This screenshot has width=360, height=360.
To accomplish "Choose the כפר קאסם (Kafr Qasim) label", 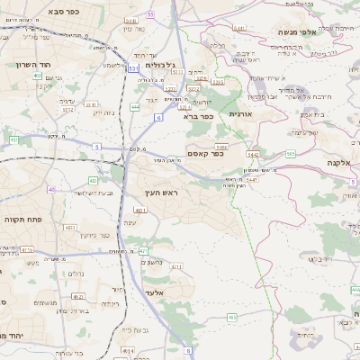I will point(206,154).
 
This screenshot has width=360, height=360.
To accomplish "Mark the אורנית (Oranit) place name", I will point(242,114).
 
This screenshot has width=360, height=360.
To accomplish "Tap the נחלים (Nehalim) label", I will point(76,275).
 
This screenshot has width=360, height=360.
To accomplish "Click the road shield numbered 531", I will point(133,68).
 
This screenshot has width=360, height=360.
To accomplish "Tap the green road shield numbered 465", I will point(232,317).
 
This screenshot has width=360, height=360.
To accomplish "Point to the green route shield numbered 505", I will point(291,154).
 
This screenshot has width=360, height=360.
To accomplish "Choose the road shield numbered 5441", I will point(239,29).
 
